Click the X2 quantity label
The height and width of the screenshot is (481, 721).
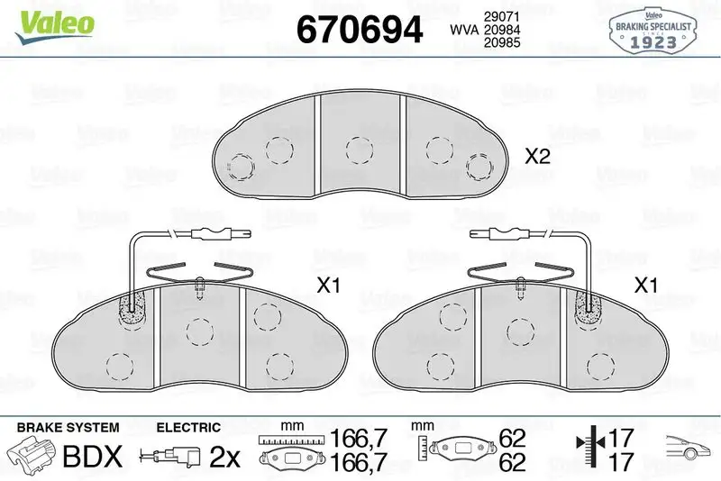(x=537, y=156)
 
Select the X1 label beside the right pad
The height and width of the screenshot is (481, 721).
(x=645, y=286)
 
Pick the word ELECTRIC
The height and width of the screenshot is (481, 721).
(x=188, y=426)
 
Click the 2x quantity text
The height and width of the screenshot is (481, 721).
(x=224, y=458)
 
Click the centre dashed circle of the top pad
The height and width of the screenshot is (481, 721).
(x=360, y=150)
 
